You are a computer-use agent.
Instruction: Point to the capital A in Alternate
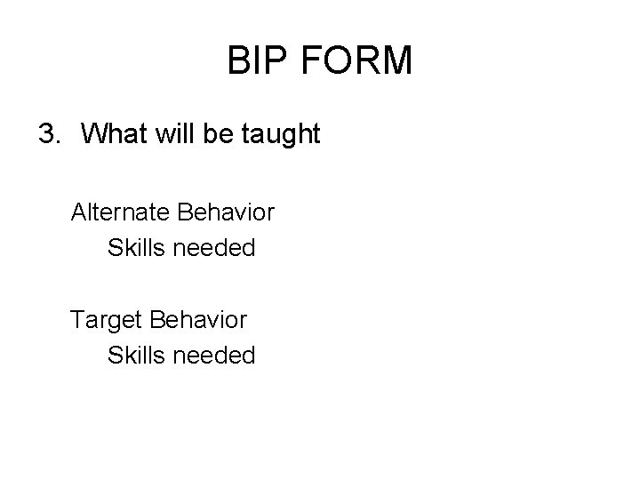[79, 213]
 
